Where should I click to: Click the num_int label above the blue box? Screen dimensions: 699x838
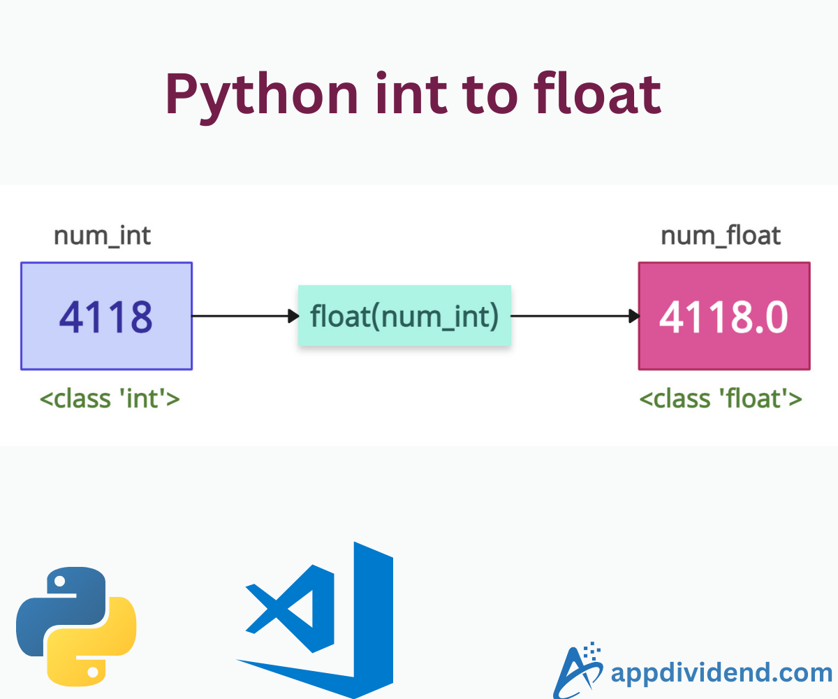click(103, 236)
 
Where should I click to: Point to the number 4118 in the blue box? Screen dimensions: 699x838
click(106, 317)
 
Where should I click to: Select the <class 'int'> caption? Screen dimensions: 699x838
click(110, 398)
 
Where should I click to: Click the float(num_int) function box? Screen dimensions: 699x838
click(404, 316)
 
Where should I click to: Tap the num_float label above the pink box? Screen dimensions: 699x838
click(721, 236)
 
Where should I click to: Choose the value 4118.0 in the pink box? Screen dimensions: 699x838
click(724, 317)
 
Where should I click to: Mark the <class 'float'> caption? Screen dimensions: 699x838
click(721, 398)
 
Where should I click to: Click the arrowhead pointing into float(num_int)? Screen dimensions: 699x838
click(293, 316)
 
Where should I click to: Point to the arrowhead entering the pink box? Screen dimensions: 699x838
click(633, 316)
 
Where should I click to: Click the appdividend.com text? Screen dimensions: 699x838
click(721, 672)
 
